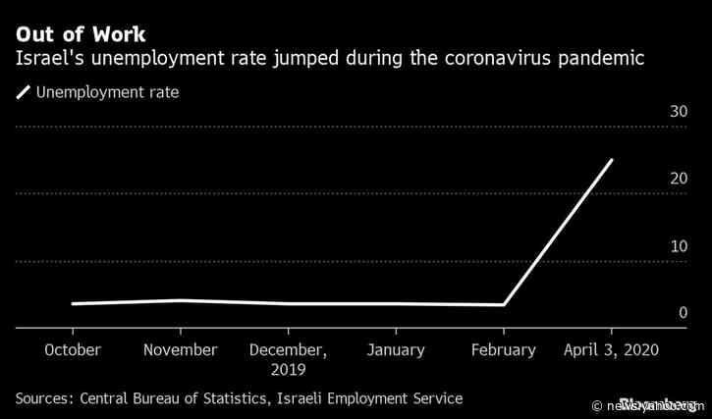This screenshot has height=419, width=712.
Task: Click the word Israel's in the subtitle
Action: point(47,61)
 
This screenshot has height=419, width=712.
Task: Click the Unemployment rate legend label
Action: point(107,93)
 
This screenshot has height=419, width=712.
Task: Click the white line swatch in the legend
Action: point(23,94)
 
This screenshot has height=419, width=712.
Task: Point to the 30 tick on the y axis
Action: point(678,112)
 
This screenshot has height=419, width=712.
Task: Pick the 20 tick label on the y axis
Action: point(678,180)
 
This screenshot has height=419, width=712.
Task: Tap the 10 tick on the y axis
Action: point(678,246)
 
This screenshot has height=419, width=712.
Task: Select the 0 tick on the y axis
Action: point(683,313)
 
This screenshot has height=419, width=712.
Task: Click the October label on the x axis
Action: point(72,350)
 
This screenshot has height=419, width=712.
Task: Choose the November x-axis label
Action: point(180,350)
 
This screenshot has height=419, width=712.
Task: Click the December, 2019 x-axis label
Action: point(287,359)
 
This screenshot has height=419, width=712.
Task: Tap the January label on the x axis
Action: point(395,350)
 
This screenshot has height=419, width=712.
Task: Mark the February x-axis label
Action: point(503,350)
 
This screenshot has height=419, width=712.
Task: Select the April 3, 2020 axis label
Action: point(611,350)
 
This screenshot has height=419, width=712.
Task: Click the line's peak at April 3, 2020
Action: point(611,160)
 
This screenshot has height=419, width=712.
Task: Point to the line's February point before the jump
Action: point(504,304)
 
